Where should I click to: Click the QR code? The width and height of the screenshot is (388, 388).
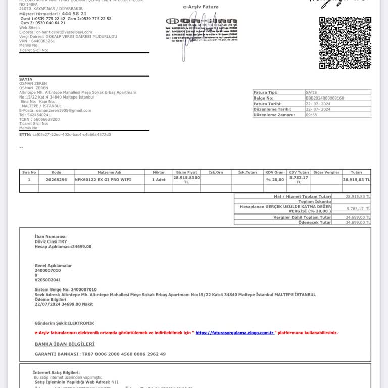click(x=345, y=43)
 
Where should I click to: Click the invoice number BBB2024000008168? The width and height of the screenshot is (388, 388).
click(x=325, y=98)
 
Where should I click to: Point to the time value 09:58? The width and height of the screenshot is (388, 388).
click(x=312, y=115)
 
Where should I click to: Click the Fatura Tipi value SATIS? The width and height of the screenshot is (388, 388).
click(x=312, y=92)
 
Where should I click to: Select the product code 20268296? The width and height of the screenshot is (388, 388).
click(x=56, y=179)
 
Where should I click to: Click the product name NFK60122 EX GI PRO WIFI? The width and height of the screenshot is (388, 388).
click(x=98, y=179)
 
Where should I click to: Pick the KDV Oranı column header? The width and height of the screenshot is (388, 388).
click(x=275, y=172)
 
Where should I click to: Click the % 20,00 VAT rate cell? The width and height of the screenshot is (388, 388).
click(x=275, y=179)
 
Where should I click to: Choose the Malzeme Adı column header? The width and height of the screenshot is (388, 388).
click(x=109, y=172)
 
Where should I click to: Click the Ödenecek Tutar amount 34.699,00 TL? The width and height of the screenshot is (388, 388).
click(x=358, y=222)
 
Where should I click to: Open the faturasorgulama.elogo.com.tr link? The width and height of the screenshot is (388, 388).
click(x=234, y=333)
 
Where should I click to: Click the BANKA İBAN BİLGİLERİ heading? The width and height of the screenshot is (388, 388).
click(x=64, y=344)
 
